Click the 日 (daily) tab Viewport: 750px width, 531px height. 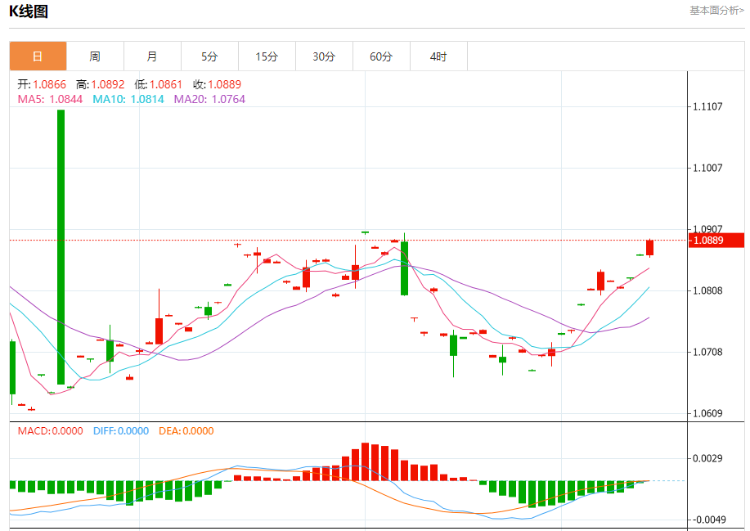(38, 56)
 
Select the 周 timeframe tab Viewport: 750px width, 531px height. (95, 56)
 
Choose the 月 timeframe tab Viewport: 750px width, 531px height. (152, 56)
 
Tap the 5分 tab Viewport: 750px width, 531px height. (209, 56)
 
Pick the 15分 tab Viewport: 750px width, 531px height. (267, 56)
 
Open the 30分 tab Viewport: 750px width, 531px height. (324, 56)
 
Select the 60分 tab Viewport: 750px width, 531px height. (381, 56)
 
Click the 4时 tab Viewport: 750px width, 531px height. (438, 56)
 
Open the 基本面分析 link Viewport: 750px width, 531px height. (716, 11)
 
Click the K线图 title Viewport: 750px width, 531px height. (29, 11)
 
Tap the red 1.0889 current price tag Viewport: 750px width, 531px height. (716, 241)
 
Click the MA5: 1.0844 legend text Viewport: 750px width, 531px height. (50, 99)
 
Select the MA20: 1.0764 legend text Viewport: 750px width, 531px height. (209, 99)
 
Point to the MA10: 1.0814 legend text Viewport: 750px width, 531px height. (128, 99)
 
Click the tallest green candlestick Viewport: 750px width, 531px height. (61, 245)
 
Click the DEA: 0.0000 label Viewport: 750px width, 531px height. (186, 431)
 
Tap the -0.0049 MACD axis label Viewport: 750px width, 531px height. (708, 520)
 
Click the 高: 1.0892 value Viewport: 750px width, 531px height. (100, 84)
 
